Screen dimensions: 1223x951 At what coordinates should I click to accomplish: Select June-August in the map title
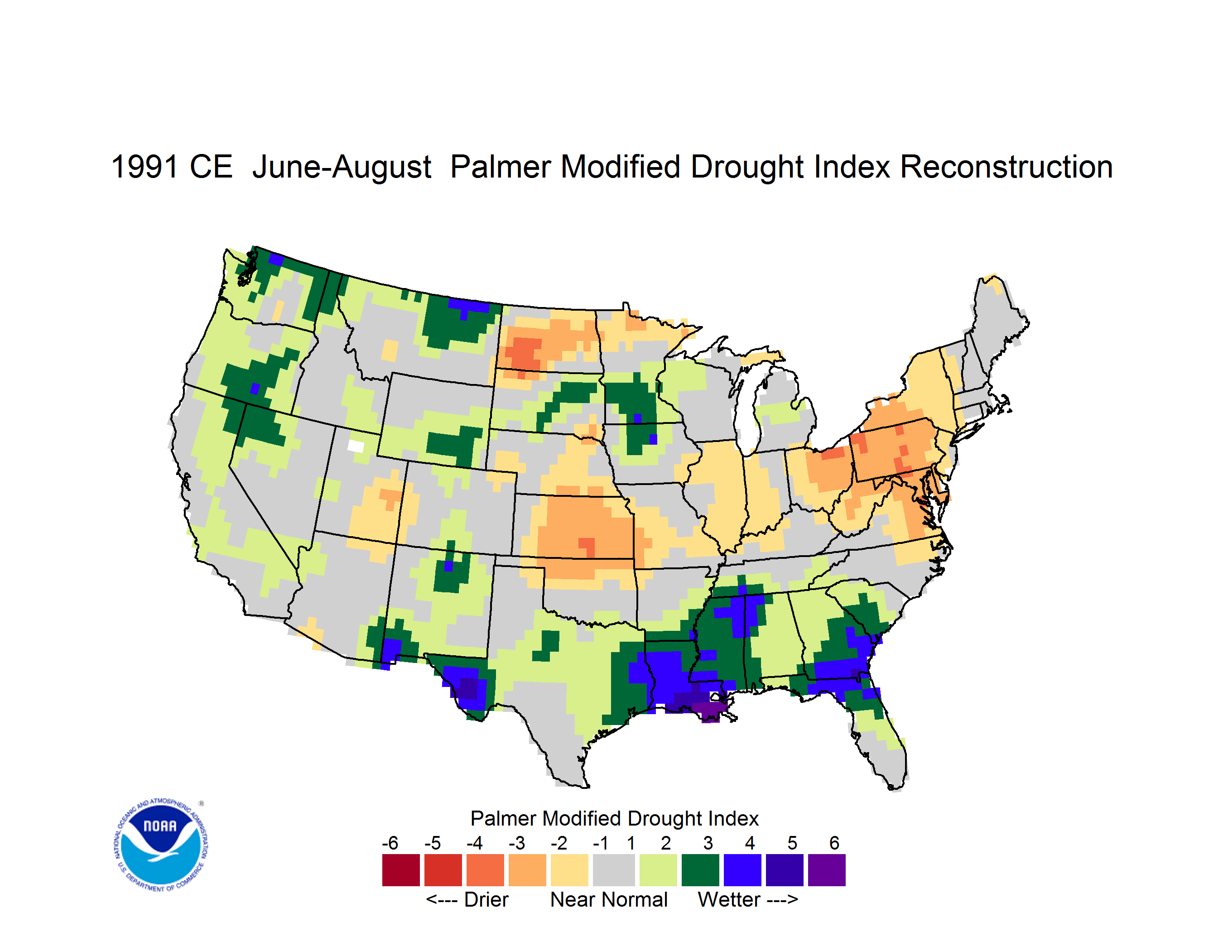pos(342,168)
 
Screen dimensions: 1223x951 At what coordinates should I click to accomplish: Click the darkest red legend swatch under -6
pos(401,870)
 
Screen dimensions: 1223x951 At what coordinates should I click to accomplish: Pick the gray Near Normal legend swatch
pos(614,870)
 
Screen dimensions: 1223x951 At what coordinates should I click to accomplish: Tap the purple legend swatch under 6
pos(827,870)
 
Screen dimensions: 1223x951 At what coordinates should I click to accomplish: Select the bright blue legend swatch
pos(742,870)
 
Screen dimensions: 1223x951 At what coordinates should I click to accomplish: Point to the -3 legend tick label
pos(516,842)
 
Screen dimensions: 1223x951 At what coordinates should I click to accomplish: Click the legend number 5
pos(792,842)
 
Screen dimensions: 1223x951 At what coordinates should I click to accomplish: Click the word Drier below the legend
pos(486,899)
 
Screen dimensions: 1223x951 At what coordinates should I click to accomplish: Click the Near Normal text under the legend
pos(609,899)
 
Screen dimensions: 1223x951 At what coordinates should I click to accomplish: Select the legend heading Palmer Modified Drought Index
pos(614,818)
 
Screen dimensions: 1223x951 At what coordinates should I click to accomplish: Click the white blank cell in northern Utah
pos(356,446)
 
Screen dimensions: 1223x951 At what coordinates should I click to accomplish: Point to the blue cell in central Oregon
pos(255,389)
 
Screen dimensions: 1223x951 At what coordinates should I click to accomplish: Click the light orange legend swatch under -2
pos(569,870)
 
